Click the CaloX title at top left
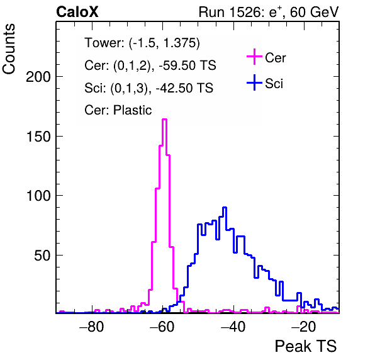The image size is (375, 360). click(77, 12)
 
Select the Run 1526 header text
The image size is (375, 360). click(269, 12)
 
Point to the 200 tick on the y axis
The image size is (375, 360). click(38, 77)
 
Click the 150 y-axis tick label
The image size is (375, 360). click(38, 137)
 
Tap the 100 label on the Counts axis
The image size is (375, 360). click(38, 196)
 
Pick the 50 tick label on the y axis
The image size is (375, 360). click(42, 256)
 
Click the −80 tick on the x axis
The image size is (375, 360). click(92, 326)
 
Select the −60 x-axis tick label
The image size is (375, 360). click(162, 326)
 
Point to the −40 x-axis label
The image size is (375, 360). click(233, 326)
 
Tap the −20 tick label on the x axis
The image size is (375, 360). click(304, 326)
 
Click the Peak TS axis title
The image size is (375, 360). click(306, 346)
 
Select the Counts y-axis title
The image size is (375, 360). click(9, 49)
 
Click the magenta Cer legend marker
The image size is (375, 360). click(254, 57)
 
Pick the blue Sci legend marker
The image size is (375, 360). click(254, 83)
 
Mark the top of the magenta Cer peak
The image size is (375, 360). click(165, 119)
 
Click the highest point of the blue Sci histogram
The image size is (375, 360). click(225, 208)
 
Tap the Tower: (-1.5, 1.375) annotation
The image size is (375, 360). click(142, 43)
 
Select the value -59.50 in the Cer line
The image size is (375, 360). click(176, 65)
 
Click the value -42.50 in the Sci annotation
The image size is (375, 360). click(173, 87)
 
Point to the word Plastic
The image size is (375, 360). click(133, 110)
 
